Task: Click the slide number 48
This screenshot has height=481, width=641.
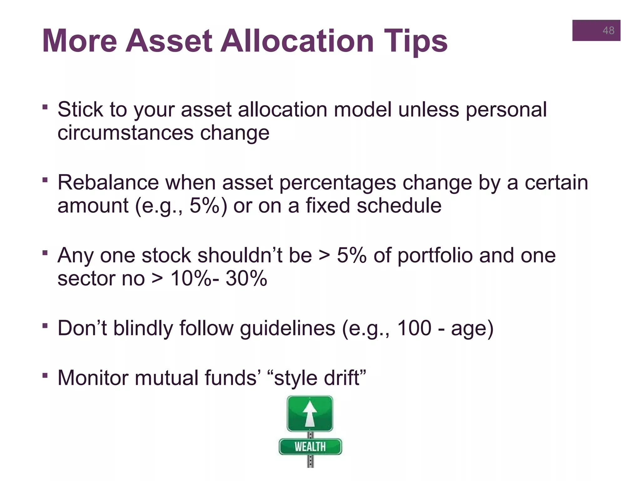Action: point(608,30)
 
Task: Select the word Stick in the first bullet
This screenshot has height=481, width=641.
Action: point(80,110)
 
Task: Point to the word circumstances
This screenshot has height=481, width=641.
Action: point(125,133)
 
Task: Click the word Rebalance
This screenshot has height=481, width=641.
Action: point(108,183)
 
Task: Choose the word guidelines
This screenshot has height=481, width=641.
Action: point(287,329)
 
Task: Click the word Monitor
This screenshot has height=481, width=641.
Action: point(93,378)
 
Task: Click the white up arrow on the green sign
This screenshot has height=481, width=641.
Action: point(310,413)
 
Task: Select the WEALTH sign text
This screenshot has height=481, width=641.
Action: point(310,447)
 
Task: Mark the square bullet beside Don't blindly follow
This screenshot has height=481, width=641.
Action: point(45,326)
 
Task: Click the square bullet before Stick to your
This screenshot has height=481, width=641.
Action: point(45,107)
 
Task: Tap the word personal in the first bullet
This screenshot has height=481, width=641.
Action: point(506,110)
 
